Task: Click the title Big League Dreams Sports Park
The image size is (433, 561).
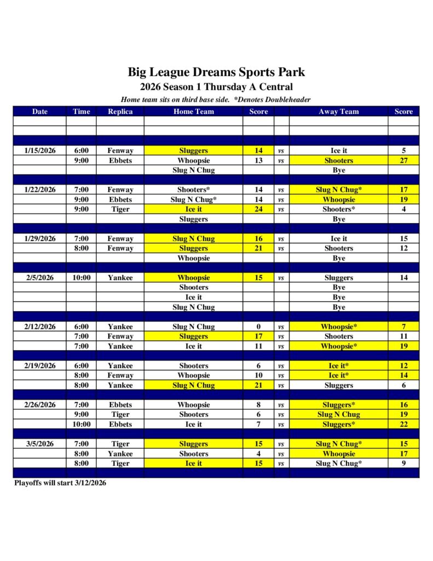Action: [216, 72]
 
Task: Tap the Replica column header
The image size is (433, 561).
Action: [120, 111]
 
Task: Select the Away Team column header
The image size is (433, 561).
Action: [338, 111]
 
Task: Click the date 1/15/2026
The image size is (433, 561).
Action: [40, 151]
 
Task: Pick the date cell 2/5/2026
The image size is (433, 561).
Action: [40, 278]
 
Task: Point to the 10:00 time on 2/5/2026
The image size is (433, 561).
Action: [81, 278]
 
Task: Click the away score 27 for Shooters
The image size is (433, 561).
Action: [403, 161]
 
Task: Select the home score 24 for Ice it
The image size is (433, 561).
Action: [258, 209]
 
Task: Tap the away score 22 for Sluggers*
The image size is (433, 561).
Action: [403, 425]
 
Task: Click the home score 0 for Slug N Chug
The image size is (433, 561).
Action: [258, 327]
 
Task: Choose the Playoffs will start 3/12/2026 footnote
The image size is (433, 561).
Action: [60, 483]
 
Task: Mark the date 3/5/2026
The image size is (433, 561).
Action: [40, 444]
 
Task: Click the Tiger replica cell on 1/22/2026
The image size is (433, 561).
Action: [120, 209]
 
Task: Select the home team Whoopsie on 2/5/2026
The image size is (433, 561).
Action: [193, 278]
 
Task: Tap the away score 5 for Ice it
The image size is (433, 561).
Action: [403, 151]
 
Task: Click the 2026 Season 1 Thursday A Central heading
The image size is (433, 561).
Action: [216, 87]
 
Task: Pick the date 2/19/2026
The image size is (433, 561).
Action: [40, 366]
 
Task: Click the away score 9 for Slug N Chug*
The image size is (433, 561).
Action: [403, 463]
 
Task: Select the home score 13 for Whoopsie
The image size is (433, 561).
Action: [258, 161]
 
